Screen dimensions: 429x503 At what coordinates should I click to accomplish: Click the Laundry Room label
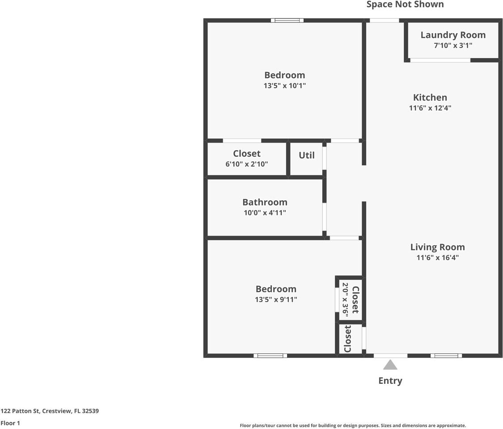coord(452,35)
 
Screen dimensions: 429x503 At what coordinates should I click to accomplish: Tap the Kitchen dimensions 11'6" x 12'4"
coord(430,108)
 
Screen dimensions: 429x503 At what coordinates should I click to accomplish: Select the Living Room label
coord(437,247)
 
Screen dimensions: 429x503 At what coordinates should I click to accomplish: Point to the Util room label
coord(306,156)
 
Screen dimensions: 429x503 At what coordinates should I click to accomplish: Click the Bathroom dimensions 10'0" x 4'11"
coord(265,213)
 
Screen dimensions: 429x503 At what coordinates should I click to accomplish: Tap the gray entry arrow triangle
coord(390,365)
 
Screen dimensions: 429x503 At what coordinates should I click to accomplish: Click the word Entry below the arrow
coord(390,381)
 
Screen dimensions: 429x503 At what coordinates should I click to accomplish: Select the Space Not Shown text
coord(405,4)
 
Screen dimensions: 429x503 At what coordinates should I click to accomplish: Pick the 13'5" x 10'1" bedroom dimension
coord(284,85)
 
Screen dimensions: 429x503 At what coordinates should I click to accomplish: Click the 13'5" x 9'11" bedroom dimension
coord(276,299)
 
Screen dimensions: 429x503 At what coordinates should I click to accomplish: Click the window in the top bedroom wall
coord(287,20)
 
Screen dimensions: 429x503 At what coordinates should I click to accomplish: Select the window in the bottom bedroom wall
coord(270,356)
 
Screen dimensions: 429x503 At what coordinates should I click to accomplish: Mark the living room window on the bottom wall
coord(446,356)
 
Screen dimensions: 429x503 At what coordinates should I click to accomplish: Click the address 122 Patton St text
coord(50,411)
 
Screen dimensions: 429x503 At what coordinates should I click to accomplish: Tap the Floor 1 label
coord(10,423)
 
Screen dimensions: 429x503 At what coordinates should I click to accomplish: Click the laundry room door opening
coord(440,60)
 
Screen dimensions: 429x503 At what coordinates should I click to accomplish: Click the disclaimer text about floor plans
coord(353,425)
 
